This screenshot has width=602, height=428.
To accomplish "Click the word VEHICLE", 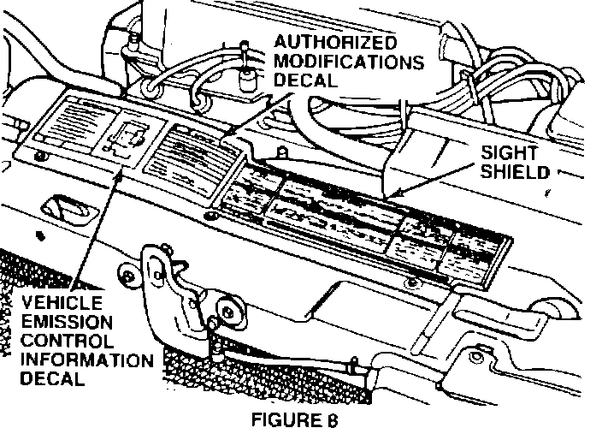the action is pos(62,303).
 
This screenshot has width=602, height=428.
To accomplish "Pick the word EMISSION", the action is pos(68,323).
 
